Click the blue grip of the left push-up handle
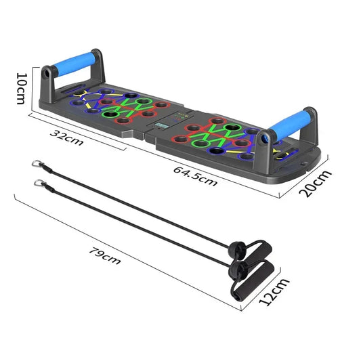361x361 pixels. pos(80,67)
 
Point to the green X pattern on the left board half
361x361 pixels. pos(127,108)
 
